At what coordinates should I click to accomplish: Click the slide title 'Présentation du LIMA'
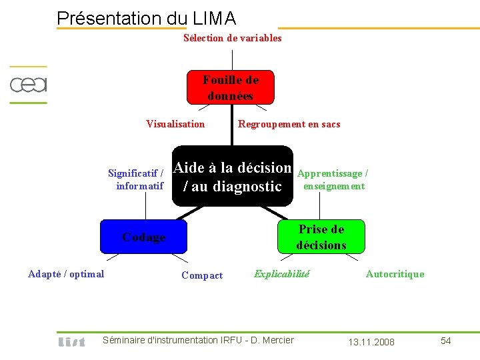(x=147, y=18)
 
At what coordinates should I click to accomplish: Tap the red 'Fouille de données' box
(x=230, y=87)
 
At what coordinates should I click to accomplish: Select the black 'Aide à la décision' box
(x=233, y=177)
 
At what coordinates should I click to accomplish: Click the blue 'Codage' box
(x=144, y=237)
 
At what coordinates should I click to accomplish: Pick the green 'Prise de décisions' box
(x=321, y=237)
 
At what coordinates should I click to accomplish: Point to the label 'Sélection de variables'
(x=232, y=38)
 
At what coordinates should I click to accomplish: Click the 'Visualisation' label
(x=175, y=124)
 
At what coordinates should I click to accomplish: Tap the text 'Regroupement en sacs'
(x=289, y=124)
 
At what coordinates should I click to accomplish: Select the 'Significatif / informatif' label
(x=137, y=180)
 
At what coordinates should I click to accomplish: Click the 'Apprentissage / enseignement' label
(x=333, y=180)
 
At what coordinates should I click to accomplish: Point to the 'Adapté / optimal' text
(x=66, y=274)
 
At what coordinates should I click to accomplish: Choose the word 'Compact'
(x=202, y=275)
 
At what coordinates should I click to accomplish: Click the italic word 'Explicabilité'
(x=281, y=273)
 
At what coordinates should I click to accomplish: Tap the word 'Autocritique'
(x=395, y=274)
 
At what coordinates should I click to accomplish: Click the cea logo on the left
(x=28, y=85)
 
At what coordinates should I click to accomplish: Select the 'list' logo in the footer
(x=72, y=341)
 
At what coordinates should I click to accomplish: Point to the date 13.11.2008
(x=371, y=342)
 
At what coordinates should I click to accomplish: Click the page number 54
(x=446, y=341)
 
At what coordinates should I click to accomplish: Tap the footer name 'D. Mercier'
(x=270, y=340)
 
